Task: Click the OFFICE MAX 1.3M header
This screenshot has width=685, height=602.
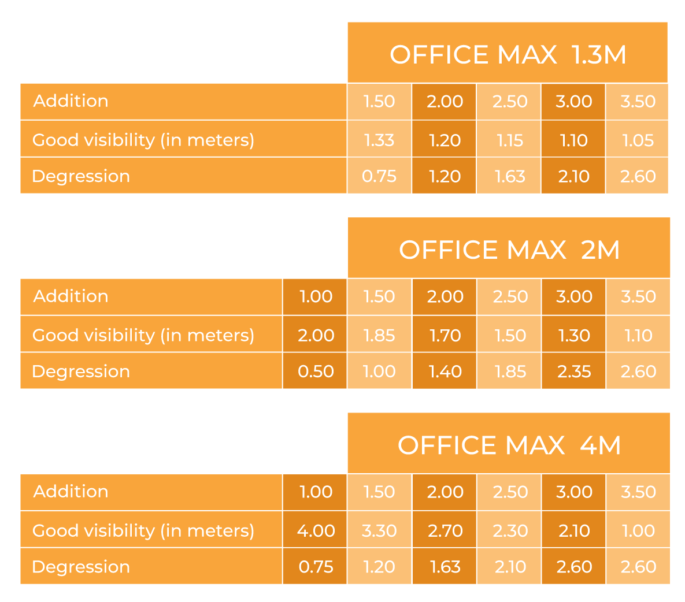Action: pyautogui.click(x=508, y=55)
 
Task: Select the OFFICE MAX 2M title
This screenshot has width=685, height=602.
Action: pyautogui.click(x=509, y=250)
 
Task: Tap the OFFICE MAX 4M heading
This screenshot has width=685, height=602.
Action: pyautogui.click(x=509, y=445)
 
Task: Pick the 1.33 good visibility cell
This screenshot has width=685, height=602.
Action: pyautogui.click(x=379, y=140)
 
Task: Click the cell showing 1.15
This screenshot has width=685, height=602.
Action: pyautogui.click(x=509, y=140)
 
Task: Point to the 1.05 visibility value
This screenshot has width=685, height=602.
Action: pyautogui.click(x=638, y=140)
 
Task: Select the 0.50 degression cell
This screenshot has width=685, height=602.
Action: pyautogui.click(x=316, y=371)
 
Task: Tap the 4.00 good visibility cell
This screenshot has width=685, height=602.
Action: pyautogui.click(x=316, y=531)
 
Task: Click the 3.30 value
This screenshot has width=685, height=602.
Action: pyautogui.click(x=379, y=531)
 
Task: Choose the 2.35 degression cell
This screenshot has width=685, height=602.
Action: pyautogui.click(x=574, y=371)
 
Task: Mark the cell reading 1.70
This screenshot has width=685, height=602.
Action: pyautogui.click(x=445, y=336)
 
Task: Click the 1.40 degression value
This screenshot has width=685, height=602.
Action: pyautogui.click(x=445, y=371)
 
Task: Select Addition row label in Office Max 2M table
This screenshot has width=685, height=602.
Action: pyautogui.click(x=71, y=296)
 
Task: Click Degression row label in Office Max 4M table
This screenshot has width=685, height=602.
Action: pyautogui.click(x=81, y=567)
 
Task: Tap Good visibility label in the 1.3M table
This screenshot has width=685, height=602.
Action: pyautogui.click(x=143, y=140)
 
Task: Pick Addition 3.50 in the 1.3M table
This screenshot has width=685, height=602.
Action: pyautogui.click(x=638, y=102)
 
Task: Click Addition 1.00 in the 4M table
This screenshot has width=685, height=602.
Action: pyautogui.click(x=316, y=492)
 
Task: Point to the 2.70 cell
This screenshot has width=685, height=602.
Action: pyautogui.click(x=445, y=531)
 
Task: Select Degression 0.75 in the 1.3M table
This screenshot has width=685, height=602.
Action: pyautogui.click(x=379, y=176)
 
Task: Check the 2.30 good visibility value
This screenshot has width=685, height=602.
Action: pyautogui.click(x=509, y=531)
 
